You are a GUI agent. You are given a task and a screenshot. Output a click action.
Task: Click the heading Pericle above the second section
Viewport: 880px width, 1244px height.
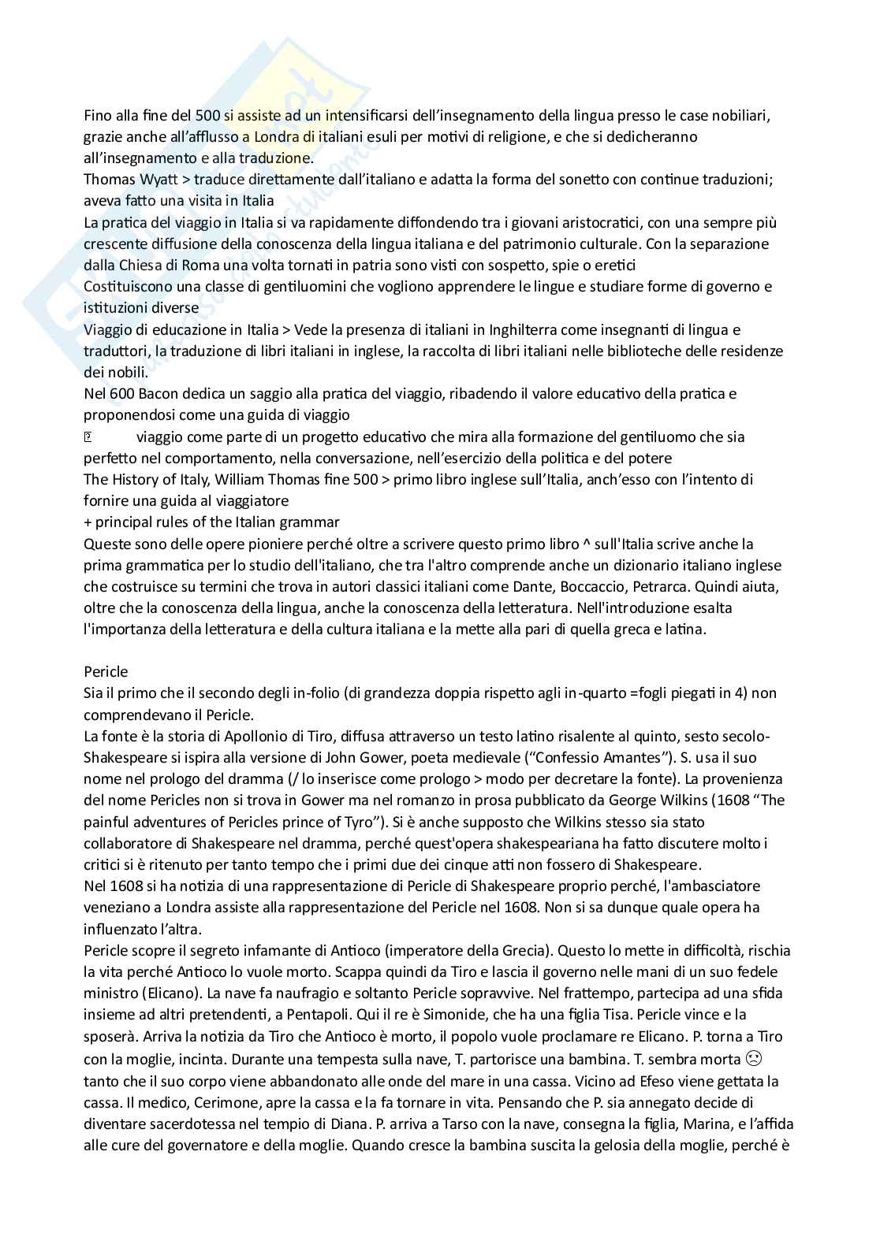point(106,672)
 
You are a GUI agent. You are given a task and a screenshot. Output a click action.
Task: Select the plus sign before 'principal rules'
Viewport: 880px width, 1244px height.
point(88,522)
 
